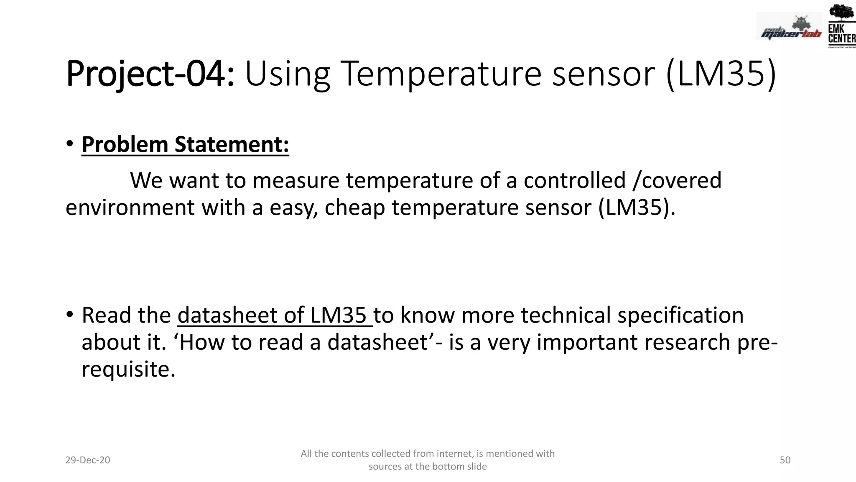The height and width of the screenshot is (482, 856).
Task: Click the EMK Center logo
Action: [841, 26]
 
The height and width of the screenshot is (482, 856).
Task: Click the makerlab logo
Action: [790, 27]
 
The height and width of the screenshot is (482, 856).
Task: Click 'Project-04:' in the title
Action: [150, 74]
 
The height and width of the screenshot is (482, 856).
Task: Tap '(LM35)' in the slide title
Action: [721, 74]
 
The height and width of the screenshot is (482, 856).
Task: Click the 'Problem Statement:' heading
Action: [185, 145]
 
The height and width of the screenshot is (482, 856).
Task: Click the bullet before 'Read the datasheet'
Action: [70, 315]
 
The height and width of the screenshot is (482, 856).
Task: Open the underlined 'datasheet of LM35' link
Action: [275, 315]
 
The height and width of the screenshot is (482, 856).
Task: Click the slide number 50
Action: [785, 460]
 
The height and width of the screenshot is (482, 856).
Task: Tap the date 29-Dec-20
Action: [88, 460]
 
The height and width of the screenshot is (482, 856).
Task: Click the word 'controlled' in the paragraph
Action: [574, 181]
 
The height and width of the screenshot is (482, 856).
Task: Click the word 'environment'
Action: [130, 208]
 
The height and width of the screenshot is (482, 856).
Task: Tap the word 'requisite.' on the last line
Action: [128, 369]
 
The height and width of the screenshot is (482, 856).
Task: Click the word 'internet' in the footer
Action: [455, 454]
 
